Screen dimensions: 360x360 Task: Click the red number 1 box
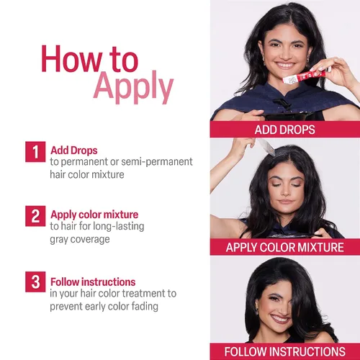(x=35, y=152)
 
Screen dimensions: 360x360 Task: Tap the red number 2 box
(x=35, y=216)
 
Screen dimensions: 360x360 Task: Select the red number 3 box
(x=35, y=282)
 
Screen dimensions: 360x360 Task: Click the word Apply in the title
(x=133, y=87)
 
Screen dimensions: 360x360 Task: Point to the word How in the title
(x=71, y=59)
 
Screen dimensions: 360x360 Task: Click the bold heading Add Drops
(x=74, y=150)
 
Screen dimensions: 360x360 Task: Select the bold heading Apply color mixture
(x=94, y=215)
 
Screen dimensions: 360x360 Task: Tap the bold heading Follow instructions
(x=93, y=282)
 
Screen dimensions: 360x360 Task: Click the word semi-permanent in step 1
(x=157, y=162)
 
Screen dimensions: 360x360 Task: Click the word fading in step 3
(x=145, y=306)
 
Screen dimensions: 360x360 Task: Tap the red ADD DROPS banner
(x=285, y=130)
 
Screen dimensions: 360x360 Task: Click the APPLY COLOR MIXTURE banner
(x=285, y=247)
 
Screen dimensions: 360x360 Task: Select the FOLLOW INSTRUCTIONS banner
(x=285, y=351)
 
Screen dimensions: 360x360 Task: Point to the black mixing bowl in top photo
(x=288, y=116)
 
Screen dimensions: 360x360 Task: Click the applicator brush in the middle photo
(x=266, y=146)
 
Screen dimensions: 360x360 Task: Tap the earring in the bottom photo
(x=256, y=311)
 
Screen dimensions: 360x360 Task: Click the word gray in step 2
(x=58, y=240)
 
